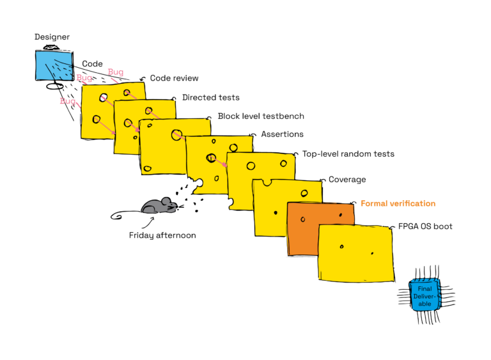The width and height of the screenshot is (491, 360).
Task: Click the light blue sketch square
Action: tap(53, 65)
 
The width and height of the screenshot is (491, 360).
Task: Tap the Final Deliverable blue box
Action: tap(425, 295)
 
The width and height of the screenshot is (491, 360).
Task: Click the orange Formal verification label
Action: tap(398, 203)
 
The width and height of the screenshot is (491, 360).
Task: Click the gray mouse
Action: tap(158, 206)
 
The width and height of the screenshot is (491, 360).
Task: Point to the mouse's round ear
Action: tap(165, 201)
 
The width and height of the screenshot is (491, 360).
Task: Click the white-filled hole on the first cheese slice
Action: tap(104, 98)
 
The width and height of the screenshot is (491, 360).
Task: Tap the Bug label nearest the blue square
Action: tap(84, 78)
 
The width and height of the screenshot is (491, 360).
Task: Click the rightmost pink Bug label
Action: tap(115, 72)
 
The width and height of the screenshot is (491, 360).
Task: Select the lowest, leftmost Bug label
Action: tap(67, 101)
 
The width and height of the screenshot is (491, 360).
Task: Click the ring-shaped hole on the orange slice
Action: tap(303, 219)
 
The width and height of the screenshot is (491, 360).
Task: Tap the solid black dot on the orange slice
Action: tap(340, 215)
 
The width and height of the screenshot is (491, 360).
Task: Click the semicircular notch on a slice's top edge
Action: tap(267, 182)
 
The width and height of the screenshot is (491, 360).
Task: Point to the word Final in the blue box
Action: tap(425, 289)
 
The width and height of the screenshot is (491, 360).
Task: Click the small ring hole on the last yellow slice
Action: tap(341, 246)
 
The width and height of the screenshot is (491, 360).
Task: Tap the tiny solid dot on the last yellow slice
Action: tap(372, 253)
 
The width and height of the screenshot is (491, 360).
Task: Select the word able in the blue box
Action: tap(425, 304)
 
